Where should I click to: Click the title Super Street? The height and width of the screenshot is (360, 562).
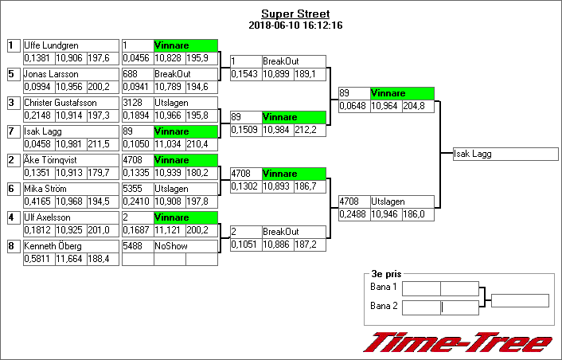(x=295, y=14)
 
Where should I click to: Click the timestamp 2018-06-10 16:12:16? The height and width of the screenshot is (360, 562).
(x=295, y=25)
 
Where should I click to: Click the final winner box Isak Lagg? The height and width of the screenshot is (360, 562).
(x=505, y=154)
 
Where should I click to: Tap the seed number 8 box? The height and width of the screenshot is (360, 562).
(x=13, y=246)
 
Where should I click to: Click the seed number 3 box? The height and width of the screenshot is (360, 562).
(x=13, y=103)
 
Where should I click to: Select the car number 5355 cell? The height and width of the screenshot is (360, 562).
(x=137, y=189)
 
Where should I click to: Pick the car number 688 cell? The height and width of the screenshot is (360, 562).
(x=137, y=74)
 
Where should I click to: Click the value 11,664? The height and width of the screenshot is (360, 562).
(x=70, y=259)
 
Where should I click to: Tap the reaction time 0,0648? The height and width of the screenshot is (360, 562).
(x=353, y=106)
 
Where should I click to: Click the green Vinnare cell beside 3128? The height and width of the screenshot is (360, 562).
(x=185, y=131)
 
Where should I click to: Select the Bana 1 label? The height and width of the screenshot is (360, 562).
(x=384, y=287)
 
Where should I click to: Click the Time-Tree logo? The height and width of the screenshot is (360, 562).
(x=458, y=341)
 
